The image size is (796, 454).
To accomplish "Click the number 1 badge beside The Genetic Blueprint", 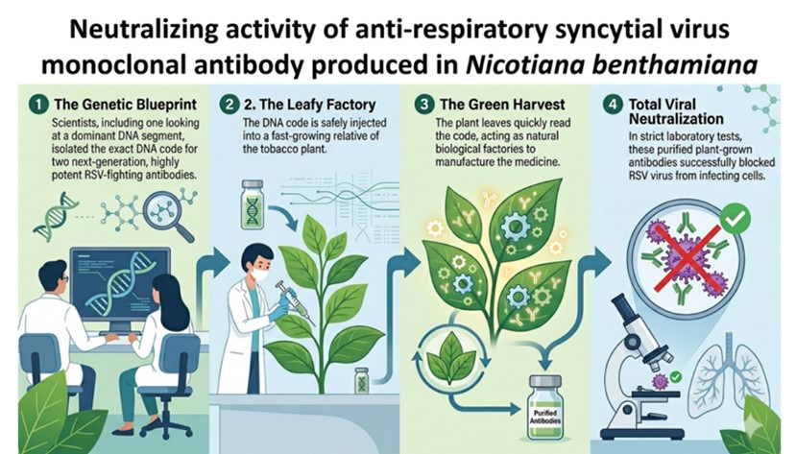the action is pyautogui.click(x=38, y=105).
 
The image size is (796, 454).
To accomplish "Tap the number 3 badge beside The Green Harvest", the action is pyautogui.click(x=423, y=105).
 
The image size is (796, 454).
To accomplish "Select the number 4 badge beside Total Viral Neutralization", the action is pyautogui.click(x=613, y=105).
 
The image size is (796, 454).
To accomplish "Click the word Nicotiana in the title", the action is pyautogui.click(x=522, y=65).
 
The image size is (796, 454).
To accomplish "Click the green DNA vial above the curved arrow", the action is pyautogui.click(x=253, y=203).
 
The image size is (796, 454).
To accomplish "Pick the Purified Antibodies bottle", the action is pyautogui.click(x=544, y=407).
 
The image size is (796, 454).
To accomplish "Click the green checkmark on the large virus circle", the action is pyautogui.click(x=735, y=219).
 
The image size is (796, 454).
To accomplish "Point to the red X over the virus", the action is pyautogui.click(x=687, y=258).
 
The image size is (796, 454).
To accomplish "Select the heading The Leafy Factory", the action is pyautogui.click(x=310, y=105).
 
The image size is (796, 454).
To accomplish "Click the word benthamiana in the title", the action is pyautogui.click(x=672, y=65).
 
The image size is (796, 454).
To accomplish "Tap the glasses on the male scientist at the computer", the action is pyautogui.click(x=63, y=278).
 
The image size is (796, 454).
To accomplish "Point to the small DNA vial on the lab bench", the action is pyautogui.click(x=362, y=380).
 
